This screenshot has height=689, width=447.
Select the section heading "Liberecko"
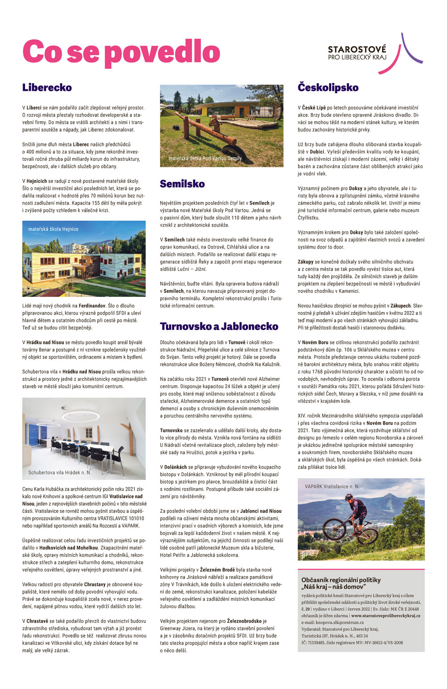[x=47, y=88]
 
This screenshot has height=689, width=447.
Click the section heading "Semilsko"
[x=182, y=184]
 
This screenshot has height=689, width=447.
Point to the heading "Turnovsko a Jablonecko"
[x=219, y=326]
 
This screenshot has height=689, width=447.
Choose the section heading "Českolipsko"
[x=328, y=88]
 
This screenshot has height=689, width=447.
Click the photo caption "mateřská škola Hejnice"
[x=53, y=229]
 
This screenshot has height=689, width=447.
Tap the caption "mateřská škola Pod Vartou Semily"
[x=205, y=158]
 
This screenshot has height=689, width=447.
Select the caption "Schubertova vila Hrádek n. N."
[x=59, y=472]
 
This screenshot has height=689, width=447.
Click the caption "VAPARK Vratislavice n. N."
[x=332, y=486]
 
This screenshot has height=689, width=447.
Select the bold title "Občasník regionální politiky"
[x=341, y=580]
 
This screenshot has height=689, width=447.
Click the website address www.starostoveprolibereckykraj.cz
[x=386, y=616]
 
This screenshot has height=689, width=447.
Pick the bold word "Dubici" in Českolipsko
[x=318, y=152]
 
